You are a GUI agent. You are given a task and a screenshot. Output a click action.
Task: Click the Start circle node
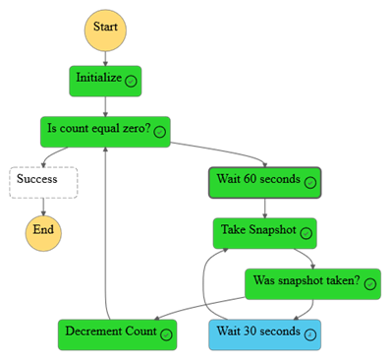tap(105, 28)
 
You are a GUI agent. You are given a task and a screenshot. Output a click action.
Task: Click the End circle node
tap(42, 232)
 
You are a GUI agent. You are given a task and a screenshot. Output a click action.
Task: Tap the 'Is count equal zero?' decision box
tap(104, 131)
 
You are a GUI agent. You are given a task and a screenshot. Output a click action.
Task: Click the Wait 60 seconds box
tap(264, 182)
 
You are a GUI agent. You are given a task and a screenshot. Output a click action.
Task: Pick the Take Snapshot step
tap(264, 233)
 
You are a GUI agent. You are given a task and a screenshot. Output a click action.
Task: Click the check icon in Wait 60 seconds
tap(309, 183)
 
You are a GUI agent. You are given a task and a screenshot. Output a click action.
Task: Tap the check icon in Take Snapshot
tap(306, 234)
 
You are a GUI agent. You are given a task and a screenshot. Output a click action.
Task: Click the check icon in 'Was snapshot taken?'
tap(369, 284)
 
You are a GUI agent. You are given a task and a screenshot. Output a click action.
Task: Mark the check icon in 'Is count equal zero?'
tap(159, 132)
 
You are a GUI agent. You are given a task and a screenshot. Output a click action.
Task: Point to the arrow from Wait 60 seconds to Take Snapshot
tap(264, 208)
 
